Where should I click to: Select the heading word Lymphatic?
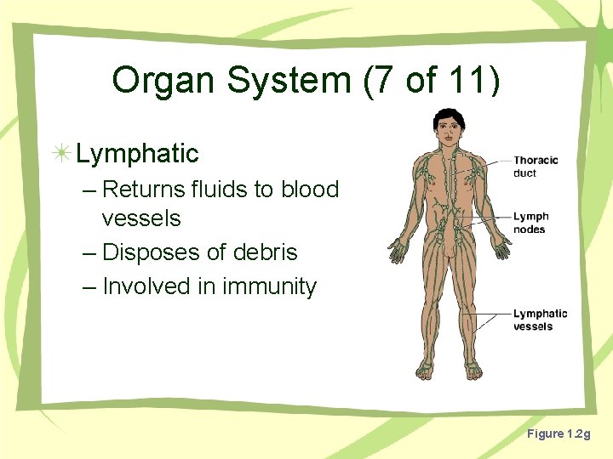[137, 154]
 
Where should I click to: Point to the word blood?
[310, 190]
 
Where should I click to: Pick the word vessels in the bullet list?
[141, 218]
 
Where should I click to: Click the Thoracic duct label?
[536, 167]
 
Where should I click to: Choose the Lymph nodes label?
[530, 223]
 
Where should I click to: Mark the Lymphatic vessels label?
[540, 320]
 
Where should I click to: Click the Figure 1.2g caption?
[558, 434]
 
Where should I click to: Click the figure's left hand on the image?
[397, 252]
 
